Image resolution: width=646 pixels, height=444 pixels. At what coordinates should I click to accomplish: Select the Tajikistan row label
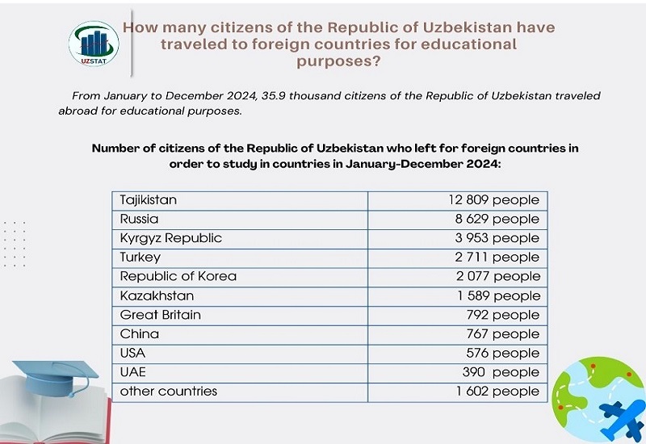click(x=149, y=199)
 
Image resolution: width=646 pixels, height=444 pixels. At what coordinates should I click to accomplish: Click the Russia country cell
click(x=139, y=219)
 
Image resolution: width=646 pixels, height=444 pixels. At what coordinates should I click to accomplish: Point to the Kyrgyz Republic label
click(x=170, y=238)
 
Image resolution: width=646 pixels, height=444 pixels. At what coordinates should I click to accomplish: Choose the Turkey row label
click(x=141, y=258)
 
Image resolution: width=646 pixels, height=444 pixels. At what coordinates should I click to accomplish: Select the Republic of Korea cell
click(x=178, y=276)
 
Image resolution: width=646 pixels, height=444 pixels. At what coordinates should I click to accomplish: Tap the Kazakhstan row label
click(x=157, y=295)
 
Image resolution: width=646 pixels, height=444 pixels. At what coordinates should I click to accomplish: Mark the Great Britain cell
click(x=161, y=315)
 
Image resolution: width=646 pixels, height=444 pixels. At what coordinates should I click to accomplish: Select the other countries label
click(x=169, y=392)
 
